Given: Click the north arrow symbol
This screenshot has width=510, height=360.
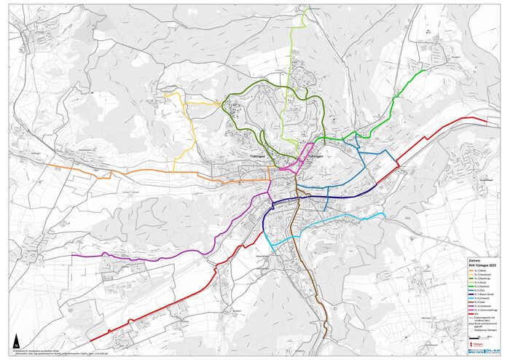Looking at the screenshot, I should pyautogui.click(x=17, y=340).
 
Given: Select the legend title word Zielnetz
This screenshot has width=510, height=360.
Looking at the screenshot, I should pyautogui.click(x=474, y=261).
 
